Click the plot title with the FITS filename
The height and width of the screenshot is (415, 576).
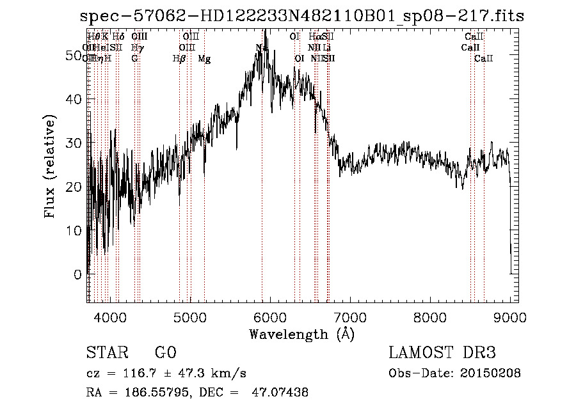click(x=301, y=17)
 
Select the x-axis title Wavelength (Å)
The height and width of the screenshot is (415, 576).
click(x=301, y=334)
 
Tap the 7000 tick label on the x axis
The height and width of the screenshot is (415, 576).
click(x=349, y=317)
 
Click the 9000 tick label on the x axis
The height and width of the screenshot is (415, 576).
click(x=509, y=317)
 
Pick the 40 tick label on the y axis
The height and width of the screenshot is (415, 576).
click(x=74, y=100)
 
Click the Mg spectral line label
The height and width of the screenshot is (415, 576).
click(x=204, y=59)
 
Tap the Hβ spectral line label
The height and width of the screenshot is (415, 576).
click(x=179, y=59)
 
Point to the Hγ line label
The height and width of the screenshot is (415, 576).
click(x=138, y=48)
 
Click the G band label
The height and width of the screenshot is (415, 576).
click(x=134, y=59)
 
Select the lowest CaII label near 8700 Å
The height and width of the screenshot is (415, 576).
click(x=484, y=59)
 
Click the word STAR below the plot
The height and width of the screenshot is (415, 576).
click(x=104, y=353)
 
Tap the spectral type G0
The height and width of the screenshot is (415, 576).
click(x=165, y=353)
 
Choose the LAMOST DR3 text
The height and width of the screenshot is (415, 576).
click(x=442, y=353)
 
